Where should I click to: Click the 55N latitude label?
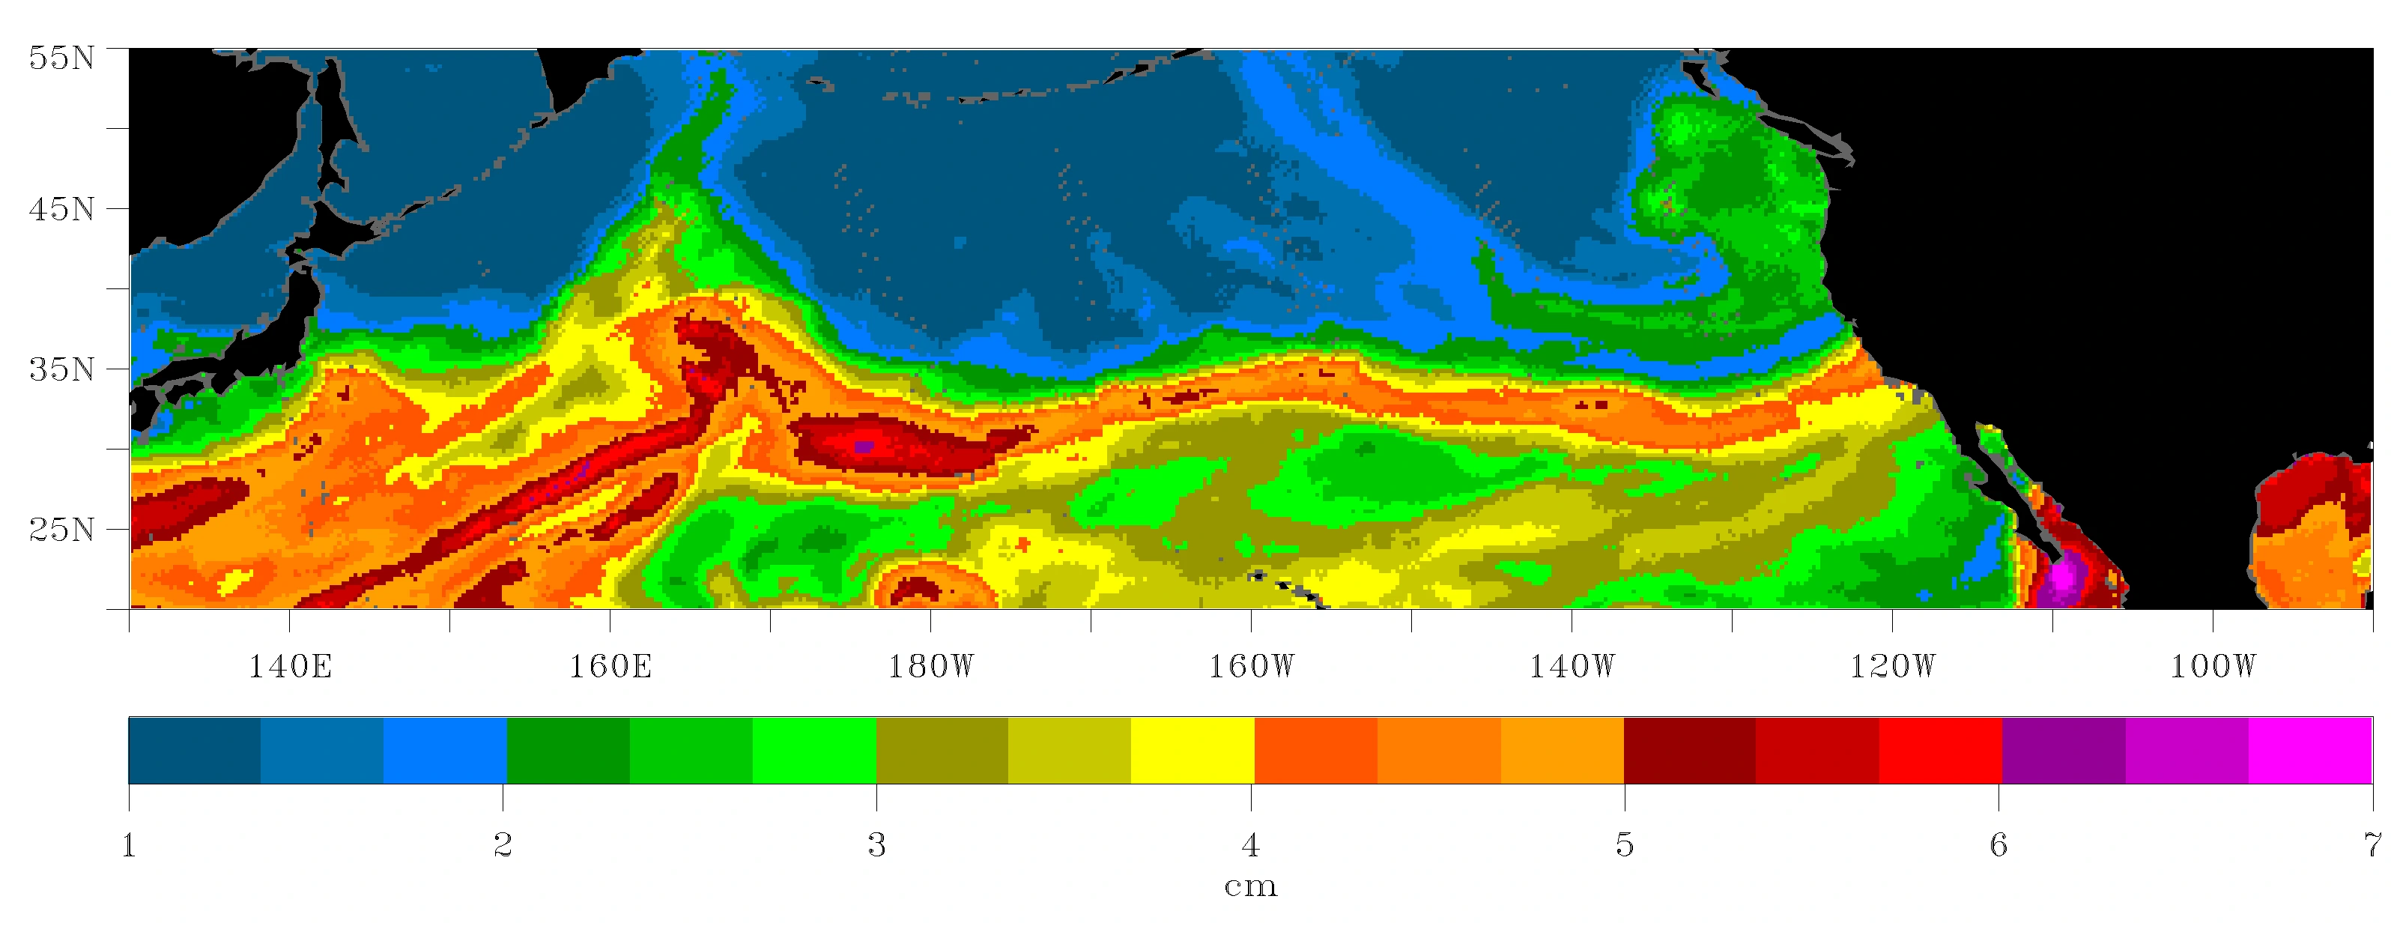click(61, 58)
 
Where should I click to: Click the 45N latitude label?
click(61, 208)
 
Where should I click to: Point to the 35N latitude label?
click(61, 369)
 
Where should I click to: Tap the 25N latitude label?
click(61, 530)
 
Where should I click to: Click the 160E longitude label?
click(610, 667)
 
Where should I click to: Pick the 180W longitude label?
click(930, 667)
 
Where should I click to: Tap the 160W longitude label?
click(1251, 667)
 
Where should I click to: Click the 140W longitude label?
click(1572, 667)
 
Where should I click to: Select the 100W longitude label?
click(2213, 667)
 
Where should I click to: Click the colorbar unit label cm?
click(1251, 886)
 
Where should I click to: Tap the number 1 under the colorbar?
click(130, 845)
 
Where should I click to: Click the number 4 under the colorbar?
click(1251, 845)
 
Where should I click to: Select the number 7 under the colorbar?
click(2371, 845)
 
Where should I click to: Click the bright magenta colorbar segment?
click(2309, 750)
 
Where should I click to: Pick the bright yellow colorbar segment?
click(1192, 750)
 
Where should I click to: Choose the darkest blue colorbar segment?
click(195, 750)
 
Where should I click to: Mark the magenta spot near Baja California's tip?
click(2063, 575)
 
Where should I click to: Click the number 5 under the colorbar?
click(1625, 845)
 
